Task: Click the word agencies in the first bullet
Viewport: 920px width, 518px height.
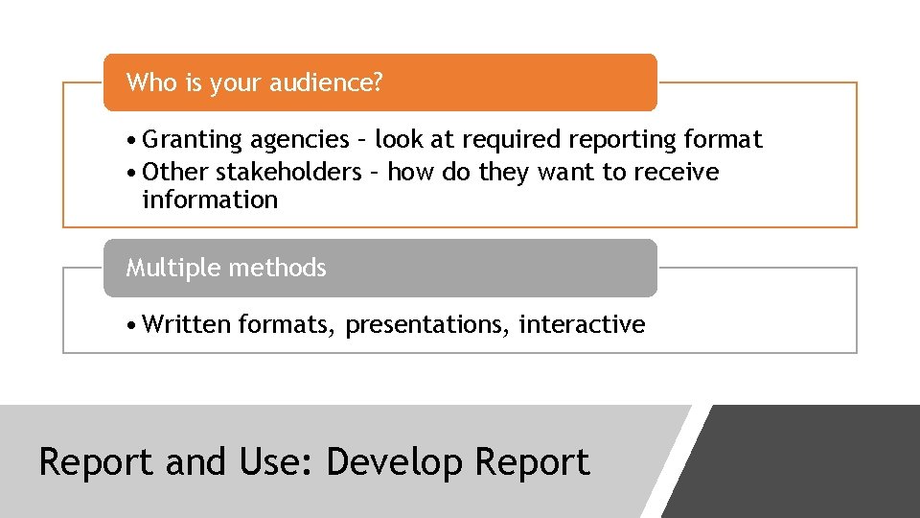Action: click(x=300, y=140)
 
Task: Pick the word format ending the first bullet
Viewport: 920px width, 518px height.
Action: click(x=724, y=140)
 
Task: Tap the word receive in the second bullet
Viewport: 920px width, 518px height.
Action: click(x=678, y=173)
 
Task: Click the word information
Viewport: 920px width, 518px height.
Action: click(x=210, y=200)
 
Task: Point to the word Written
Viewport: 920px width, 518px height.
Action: click(x=187, y=325)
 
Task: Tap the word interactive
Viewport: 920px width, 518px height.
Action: click(x=582, y=325)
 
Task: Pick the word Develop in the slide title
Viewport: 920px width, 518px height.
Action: click(x=394, y=462)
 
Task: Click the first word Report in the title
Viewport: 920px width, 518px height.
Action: click(x=96, y=462)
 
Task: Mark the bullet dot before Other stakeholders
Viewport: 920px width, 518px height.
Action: click(x=132, y=174)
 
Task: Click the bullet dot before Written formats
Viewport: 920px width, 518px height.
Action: click(x=132, y=326)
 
